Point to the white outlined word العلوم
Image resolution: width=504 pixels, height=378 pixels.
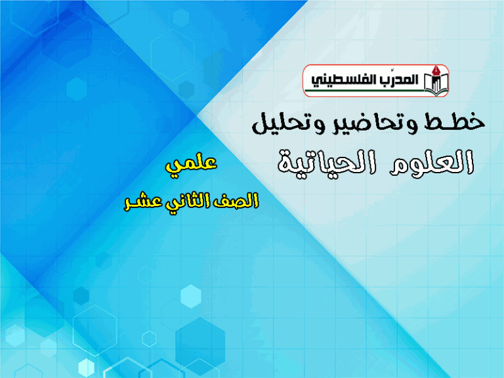coord(432,162)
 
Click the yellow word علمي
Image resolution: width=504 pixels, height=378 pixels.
coord(191,163)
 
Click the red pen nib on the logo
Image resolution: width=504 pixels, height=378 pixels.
coord(436,71)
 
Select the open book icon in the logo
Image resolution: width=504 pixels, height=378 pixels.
coord(436,84)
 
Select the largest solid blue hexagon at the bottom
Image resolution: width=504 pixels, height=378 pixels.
coord(200,342)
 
